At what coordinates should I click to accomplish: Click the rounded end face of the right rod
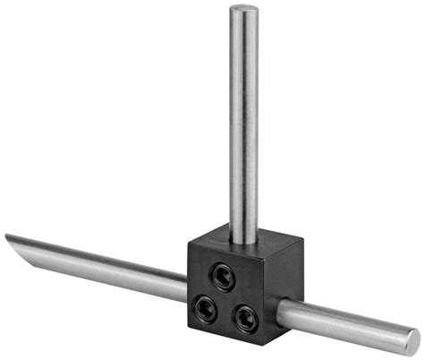pos(412,339)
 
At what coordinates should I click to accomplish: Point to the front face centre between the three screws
pos(224,296)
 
